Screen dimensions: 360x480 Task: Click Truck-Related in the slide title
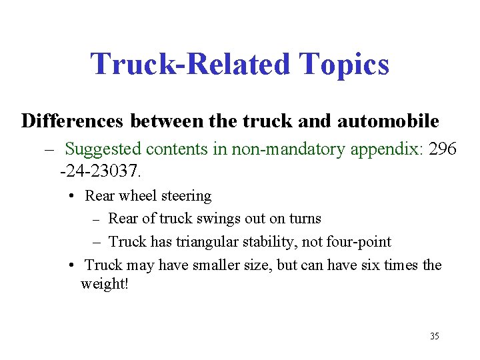191,65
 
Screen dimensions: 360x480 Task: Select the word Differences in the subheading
73,121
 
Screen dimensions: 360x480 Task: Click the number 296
443,149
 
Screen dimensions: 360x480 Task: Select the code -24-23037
100,171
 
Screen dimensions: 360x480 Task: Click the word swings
227,219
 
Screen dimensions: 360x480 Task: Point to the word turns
305,219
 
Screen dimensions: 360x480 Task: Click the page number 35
435,336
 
